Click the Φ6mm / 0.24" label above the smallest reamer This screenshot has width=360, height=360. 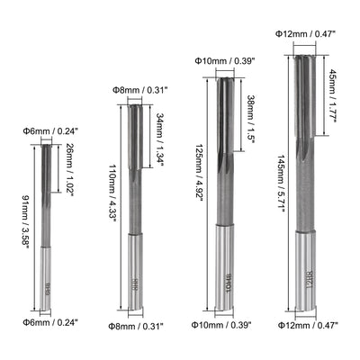[x=46, y=130]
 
